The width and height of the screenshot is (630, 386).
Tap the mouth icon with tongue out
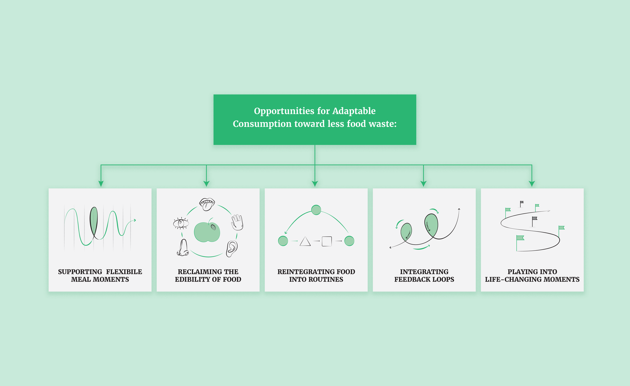(x=207, y=204)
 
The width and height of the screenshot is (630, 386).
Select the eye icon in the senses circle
(x=181, y=223)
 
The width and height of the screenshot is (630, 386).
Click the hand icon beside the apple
(x=237, y=222)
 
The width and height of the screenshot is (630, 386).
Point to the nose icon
(x=183, y=248)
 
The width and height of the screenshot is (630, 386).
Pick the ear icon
(x=232, y=248)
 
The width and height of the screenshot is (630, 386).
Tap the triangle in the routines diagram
(x=305, y=242)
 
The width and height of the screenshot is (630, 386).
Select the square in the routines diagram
(x=327, y=241)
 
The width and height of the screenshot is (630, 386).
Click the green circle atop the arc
(x=316, y=210)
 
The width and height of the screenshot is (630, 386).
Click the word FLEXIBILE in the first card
(x=124, y=272)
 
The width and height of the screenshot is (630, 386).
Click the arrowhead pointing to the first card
(x=101, y=184)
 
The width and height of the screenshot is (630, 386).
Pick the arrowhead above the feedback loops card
(x=423, y=184)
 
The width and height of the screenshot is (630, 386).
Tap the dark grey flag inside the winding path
(x=534, y=219)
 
